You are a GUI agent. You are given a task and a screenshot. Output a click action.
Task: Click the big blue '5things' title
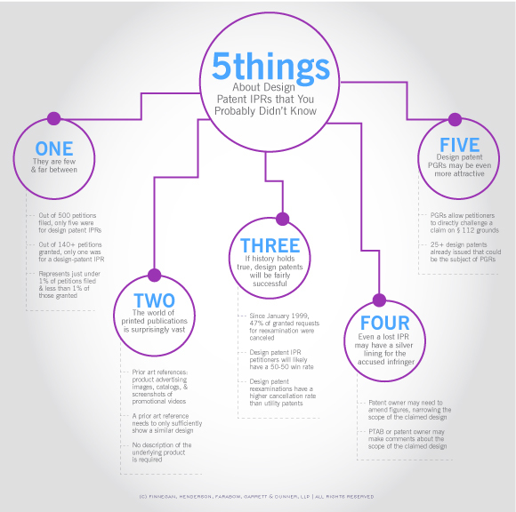coord(270,67)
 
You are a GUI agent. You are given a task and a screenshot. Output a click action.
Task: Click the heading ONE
coord(54,148)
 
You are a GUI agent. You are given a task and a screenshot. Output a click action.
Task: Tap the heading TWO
coord(154,300)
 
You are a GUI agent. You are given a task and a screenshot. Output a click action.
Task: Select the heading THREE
coord(270,245)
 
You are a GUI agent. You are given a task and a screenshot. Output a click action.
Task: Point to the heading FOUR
coord(385,323)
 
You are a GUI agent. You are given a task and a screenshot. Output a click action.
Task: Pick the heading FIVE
coord(459,145)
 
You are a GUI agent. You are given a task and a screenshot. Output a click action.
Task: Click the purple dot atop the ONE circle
coord(54,118)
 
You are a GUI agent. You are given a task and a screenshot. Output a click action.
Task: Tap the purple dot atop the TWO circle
coord(154,276)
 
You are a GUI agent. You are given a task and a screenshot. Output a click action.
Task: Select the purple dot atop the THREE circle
coord(282,219)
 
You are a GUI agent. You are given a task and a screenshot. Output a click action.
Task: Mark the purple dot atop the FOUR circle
coord(379,300)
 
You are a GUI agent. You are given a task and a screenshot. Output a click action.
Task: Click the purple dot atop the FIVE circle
coord(455,119)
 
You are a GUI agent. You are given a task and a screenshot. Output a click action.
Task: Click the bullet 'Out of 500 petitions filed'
coord(69,223)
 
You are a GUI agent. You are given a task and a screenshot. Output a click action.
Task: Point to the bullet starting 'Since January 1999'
coord(285,326)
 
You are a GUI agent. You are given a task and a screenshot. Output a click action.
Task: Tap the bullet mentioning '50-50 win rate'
coord(281,359)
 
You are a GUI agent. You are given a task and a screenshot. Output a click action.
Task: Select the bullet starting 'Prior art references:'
coord(160,387)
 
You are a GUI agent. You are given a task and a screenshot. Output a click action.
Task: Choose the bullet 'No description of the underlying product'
coord(162,452)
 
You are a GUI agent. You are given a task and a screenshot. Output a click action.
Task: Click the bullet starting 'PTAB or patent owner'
coord(407,439)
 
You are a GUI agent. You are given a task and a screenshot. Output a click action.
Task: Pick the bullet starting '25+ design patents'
coord(465,252)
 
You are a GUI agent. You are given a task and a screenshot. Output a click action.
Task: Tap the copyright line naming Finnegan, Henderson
coord(256,497)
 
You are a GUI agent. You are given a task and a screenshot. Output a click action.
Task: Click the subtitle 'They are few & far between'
coord(54,165)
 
